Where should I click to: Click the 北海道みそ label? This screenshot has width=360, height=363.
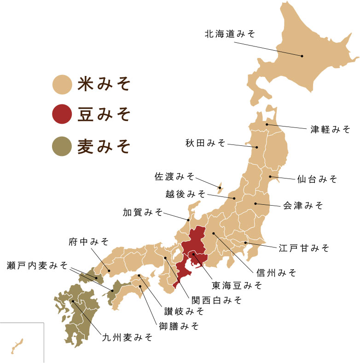(x=229, y=34)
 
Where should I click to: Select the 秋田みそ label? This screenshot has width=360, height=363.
(x=205, y=143)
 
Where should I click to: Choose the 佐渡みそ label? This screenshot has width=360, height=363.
(x=174, y=176)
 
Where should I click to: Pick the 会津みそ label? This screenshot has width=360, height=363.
(x=303, y=205)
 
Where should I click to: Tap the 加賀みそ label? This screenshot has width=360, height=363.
(x=143, y=212)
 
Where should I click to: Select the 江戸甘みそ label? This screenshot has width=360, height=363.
(x=304, y=248)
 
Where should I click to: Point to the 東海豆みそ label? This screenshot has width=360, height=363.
(x=237, y=285)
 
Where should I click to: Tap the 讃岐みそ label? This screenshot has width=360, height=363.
(x=181, y=311)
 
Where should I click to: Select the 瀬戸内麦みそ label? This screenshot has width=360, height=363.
(x=37, y=265)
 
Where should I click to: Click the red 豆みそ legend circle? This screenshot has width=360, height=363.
(x=61, y=115)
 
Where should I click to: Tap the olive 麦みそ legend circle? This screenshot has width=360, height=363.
(x=61, y=146)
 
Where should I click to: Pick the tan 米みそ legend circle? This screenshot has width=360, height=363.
(x=61, y=84)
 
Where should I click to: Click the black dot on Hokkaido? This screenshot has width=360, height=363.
(x=302, y=56)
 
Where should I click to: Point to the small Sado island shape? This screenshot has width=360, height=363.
(x=221, y=186)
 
